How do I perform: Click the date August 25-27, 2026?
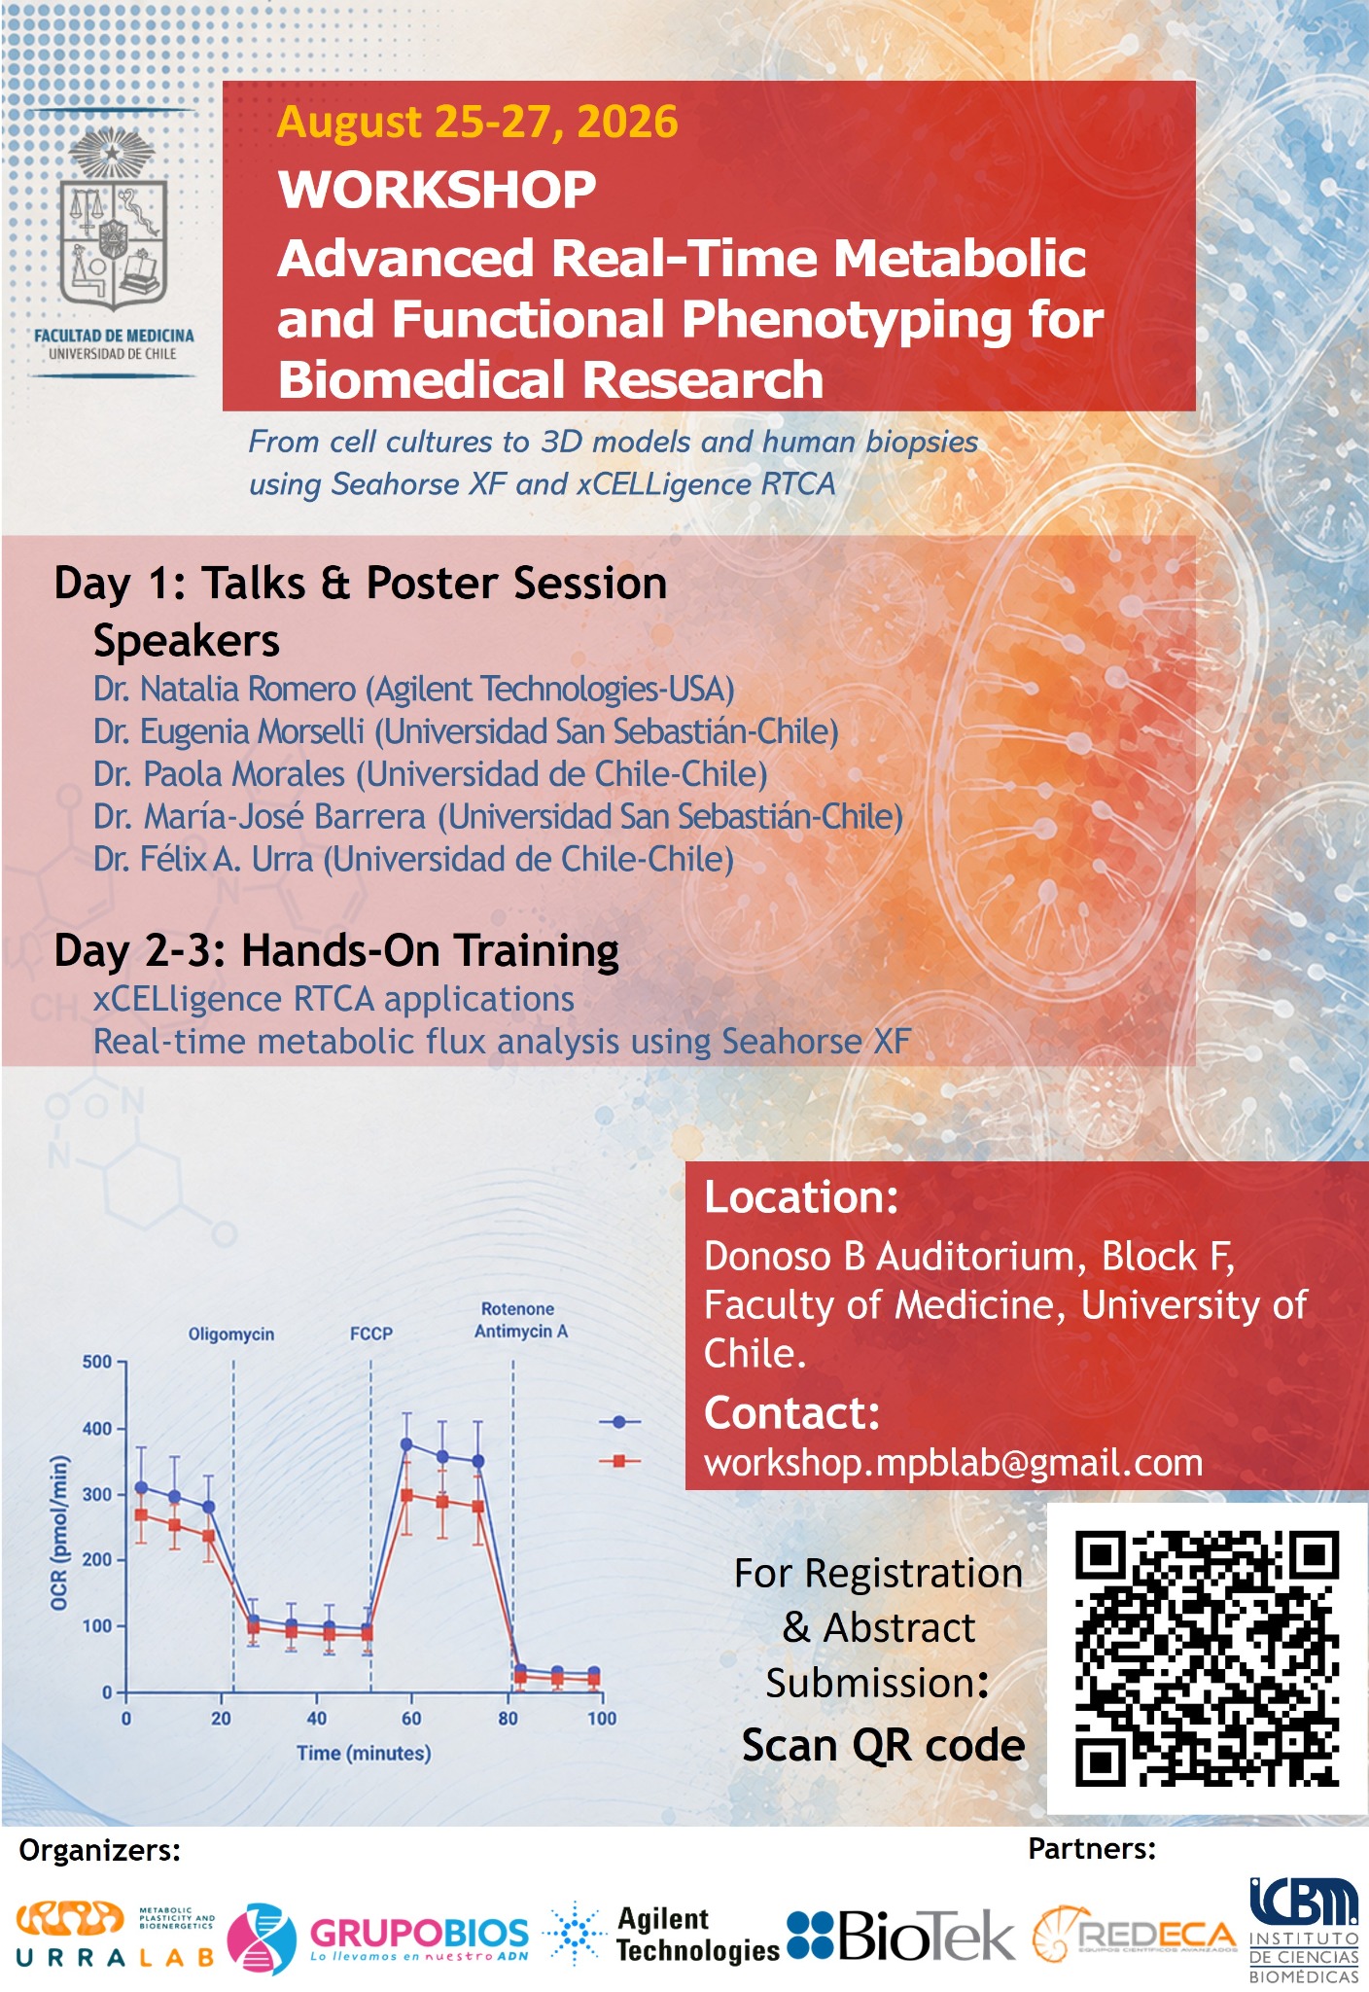(477, 123)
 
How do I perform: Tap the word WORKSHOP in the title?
(438, 189)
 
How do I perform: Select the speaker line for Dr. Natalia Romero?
(414, 689)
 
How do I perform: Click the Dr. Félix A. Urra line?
(413, 860)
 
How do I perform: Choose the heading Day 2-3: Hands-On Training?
(336, 951)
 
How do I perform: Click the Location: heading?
(801, 1197)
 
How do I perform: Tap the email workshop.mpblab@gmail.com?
(954, 1463)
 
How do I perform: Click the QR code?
(1207, 1658)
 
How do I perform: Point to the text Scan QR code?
(884, 1746)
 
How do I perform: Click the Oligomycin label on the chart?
(231, 1334)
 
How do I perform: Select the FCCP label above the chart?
(371, 1334)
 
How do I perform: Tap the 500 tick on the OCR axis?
(97, 1362)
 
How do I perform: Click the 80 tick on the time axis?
(508, 1719)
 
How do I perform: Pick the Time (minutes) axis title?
(364, 1753)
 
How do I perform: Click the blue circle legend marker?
(619, 1422)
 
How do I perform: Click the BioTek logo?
(900, 1935)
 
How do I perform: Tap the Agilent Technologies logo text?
(698, 1935)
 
